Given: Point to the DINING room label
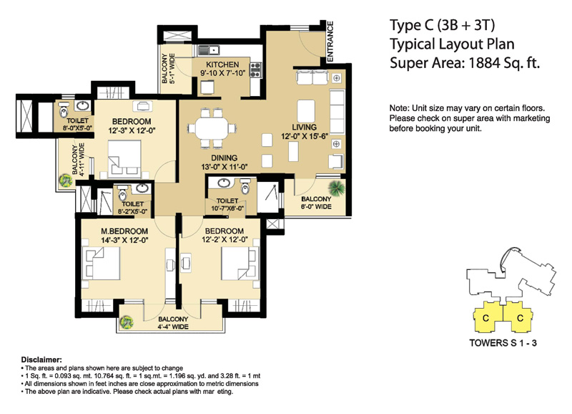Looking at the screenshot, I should [x=224, y=158].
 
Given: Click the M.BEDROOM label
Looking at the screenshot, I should [x=124, y=231].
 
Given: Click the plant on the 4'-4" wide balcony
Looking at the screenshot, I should [x=127, y=322].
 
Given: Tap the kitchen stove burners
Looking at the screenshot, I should [x=255, y=70].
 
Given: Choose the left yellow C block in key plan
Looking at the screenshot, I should [x=485, y=317].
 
